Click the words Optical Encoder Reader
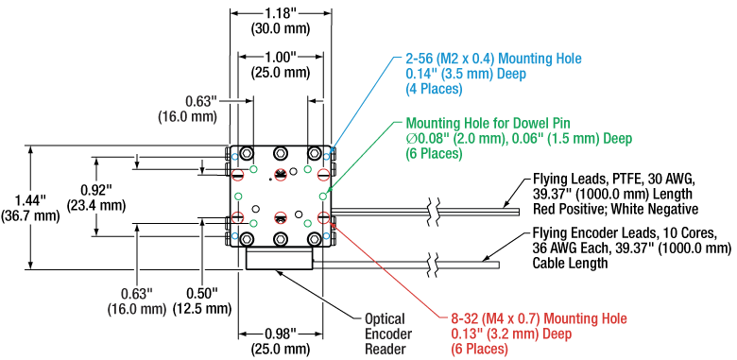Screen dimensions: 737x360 (x=385, y=334)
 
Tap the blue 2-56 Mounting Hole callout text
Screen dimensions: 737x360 (x=493, y=74)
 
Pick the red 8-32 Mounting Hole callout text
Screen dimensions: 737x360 (x=539, y=334)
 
